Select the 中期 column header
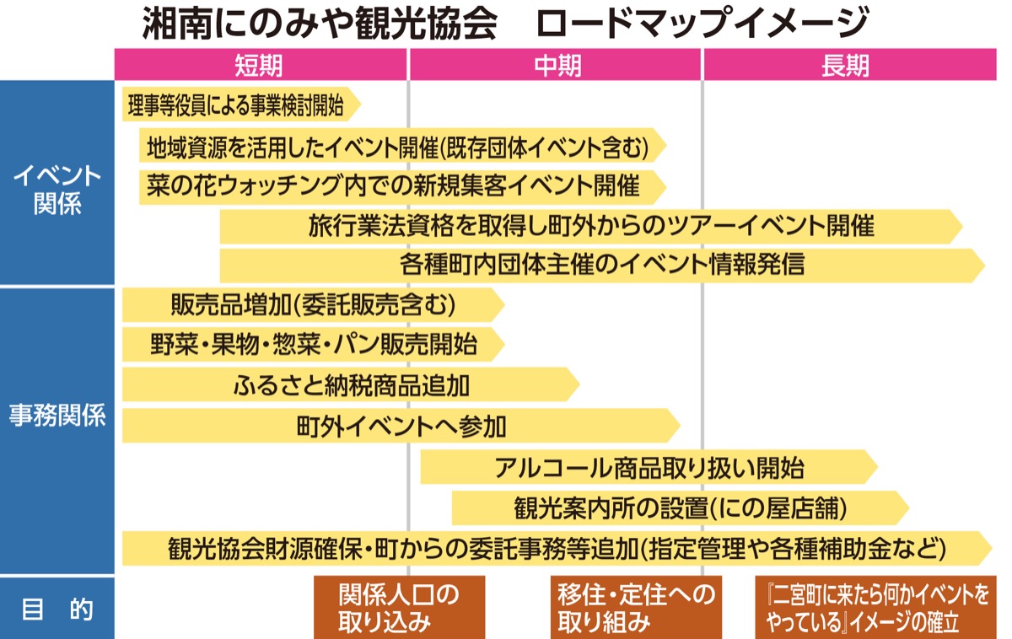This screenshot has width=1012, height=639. tap(557, 65)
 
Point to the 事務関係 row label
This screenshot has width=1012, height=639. tap(57, 416)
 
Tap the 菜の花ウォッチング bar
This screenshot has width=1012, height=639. tap(396, 186)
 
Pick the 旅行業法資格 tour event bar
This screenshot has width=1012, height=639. tap(590, 226)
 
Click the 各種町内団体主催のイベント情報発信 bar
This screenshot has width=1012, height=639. tap(600, 265)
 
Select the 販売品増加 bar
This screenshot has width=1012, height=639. tap(312, 304)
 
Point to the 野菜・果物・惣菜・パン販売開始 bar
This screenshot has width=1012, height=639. tap(312, 345)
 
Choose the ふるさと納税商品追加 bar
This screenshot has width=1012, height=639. tap(350, 385)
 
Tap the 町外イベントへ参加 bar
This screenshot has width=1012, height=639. tap(401, 426)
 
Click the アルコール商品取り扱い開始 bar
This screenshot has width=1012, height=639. tap(648, 467)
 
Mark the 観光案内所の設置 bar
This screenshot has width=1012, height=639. tap(679, 507)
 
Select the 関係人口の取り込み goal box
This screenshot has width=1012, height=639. tap(399, 608)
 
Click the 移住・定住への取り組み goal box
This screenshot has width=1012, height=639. tap(636, 608)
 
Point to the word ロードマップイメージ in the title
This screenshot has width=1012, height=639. tap(702, 23)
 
